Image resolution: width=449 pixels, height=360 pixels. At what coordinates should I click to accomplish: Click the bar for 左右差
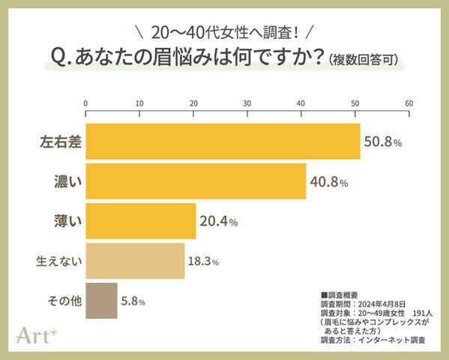pyautogui.click(x=223, y=141)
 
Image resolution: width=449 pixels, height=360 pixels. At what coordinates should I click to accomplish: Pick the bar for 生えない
pyautogui.click(x=135, y=261)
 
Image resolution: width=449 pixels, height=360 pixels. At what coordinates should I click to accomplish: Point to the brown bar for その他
pyautogui.click(x=101, y=301)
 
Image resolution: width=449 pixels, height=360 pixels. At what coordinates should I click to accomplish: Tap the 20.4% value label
pyautogui.click(x=219, y=221)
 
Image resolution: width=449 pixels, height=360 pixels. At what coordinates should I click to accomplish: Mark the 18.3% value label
pyautogui.click(x=203, y=262)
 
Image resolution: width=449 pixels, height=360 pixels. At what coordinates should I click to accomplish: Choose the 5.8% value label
pyautogui.click(x=133, y=301)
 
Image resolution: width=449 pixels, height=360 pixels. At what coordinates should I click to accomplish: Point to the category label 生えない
pyautogui.click(x=58, y=262)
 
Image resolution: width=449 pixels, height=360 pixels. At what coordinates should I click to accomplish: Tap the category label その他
pyautogui.click(x=62, y=301)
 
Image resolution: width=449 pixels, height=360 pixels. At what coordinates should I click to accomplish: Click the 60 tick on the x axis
pyautogui.click(x=409, y=103)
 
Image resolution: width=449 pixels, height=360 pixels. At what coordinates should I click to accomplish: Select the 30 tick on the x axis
pyautogui.click(x=247, y=103)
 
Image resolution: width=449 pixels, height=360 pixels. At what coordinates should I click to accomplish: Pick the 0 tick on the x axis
pyautogui.click(x=86, y=103)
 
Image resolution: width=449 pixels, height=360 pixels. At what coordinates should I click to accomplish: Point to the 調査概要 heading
pyautogui.click(x=340, y=295)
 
